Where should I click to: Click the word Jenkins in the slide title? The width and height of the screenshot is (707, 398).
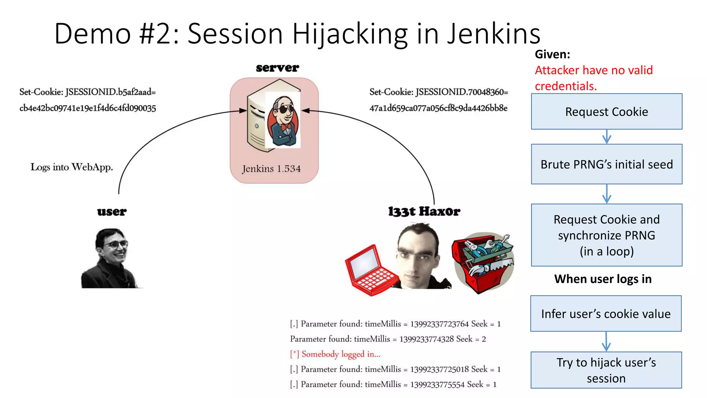click(493, 34)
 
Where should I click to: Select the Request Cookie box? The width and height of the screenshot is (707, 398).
click(607, 112)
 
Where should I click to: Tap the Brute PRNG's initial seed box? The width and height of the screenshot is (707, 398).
click(607, 164)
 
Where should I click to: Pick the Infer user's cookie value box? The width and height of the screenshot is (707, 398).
click(606, 313)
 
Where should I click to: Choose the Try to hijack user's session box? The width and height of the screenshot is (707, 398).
click(606, 370)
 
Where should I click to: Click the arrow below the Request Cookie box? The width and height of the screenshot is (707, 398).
click(607, 137)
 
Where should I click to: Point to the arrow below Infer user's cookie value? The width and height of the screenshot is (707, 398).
click(606, 342)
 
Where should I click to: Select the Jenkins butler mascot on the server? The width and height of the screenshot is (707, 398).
click(283, 121)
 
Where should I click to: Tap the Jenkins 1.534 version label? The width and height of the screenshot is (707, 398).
click(271, 169)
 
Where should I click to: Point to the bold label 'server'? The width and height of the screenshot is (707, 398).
click(277, 68)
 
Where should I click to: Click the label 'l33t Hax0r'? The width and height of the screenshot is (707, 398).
click(424, 211)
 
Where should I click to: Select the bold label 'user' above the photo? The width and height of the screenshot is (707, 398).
click(112, 211)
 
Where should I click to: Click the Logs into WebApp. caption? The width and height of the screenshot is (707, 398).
click(72, 167)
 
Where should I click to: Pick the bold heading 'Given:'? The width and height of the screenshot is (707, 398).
click(552, 54)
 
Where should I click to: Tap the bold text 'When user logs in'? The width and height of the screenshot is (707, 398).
click(603, 279)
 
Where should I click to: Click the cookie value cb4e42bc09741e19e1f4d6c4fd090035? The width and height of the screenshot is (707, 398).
click(88, 108)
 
